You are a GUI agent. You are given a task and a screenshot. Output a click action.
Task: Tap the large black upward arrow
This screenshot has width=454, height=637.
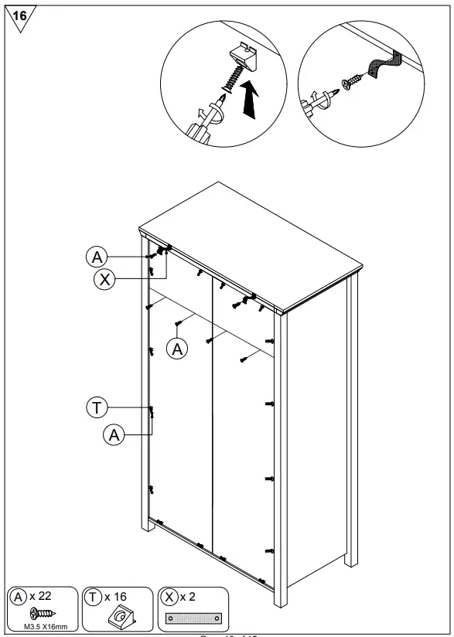(x=249, y=98)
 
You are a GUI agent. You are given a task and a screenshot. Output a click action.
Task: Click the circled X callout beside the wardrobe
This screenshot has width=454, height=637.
(x=104, y=279)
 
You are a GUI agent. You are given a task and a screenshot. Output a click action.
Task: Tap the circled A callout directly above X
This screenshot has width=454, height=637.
(x=95, y=257)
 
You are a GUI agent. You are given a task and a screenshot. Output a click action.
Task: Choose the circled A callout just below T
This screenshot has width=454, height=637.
(x=114, y=435)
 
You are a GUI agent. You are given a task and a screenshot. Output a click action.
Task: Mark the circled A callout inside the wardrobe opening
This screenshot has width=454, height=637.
(x=179, y=349)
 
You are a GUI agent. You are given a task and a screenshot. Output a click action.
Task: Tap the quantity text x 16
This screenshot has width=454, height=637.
(x=115, y=597)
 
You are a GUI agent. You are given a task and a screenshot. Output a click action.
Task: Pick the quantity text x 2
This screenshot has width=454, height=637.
(x=186, y=597)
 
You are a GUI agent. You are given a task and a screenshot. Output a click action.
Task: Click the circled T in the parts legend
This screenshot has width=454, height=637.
(x=94, y=597)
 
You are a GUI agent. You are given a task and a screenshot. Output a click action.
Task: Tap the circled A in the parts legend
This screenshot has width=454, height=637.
(x=18, y=597)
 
